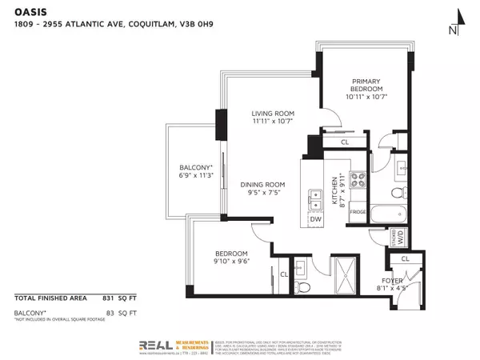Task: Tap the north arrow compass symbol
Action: coord(454,23)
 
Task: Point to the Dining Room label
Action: coord(262,189)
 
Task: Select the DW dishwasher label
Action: coord(315,218)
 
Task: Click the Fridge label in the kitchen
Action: coord(358,212)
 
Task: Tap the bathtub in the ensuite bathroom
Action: coord(391,216)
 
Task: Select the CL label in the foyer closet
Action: coord(405,258)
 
